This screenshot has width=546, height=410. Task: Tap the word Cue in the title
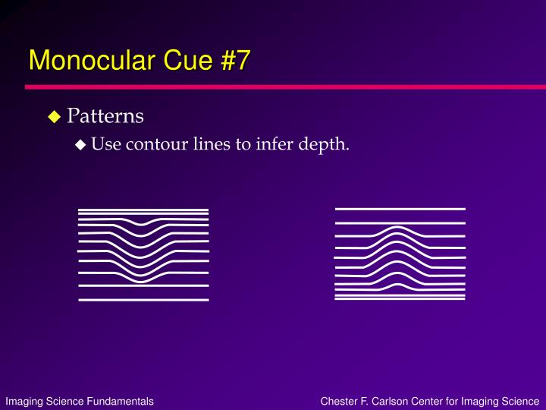(188, 60)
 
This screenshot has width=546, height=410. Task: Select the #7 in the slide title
(235, 60)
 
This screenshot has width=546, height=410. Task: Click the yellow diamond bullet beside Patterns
(55, 116)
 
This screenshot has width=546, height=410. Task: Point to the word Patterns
(105, 115)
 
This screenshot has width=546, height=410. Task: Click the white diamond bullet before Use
(80, 145)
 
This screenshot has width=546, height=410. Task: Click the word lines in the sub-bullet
(212, 143)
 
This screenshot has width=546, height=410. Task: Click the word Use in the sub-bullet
(106, 143)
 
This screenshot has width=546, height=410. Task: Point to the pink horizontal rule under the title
(286, 87)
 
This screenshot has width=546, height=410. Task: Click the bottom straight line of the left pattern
(143, 300)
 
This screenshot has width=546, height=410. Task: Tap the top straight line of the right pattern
(400, 210)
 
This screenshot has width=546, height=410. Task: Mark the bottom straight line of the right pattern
(400, 299)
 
